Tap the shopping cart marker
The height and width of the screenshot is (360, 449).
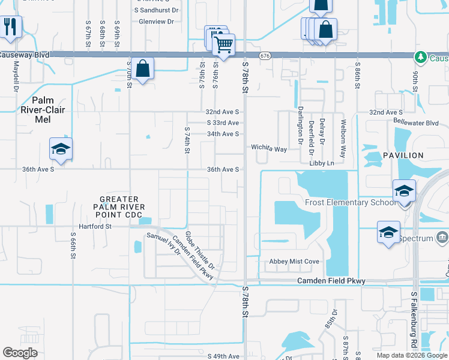223,44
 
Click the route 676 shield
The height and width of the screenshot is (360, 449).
265,55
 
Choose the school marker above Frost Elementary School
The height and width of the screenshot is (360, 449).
404,191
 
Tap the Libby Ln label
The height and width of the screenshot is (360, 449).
321,163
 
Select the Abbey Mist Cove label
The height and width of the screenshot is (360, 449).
294,262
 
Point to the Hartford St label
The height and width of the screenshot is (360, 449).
91,227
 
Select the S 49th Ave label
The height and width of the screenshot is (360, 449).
223,356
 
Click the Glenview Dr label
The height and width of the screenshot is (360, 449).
156,21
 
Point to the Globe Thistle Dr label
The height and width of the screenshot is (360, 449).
199,250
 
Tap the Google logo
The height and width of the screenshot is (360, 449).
20,353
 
